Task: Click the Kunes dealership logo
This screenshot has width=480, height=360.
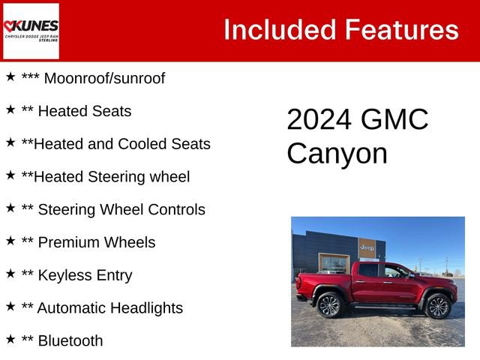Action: pyautogui.click(x=31, y=31)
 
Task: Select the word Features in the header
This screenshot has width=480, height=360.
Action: pyautogui.click(x=401, y=30)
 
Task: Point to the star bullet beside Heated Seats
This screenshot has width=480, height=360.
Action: pyautogui.click(x=10, y=109)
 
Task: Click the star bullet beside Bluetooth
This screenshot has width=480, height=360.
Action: pyautogui.click(x=10, y=339)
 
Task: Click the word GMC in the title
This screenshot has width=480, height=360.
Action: pyautogui.click(x=395, y=120)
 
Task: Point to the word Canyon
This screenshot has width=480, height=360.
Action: pyautogui.click(x=337, y=154)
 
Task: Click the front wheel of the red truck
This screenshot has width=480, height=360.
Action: pyautogui.click(x=437, y=306)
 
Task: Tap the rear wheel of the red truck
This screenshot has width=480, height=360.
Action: pyautogui.click(x=329, y=305)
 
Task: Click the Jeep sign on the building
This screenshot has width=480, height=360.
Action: pyautogui.click(x=367, y=247)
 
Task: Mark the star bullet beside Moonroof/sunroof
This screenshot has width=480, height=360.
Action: pyautogui.click(x=10, y=76)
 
